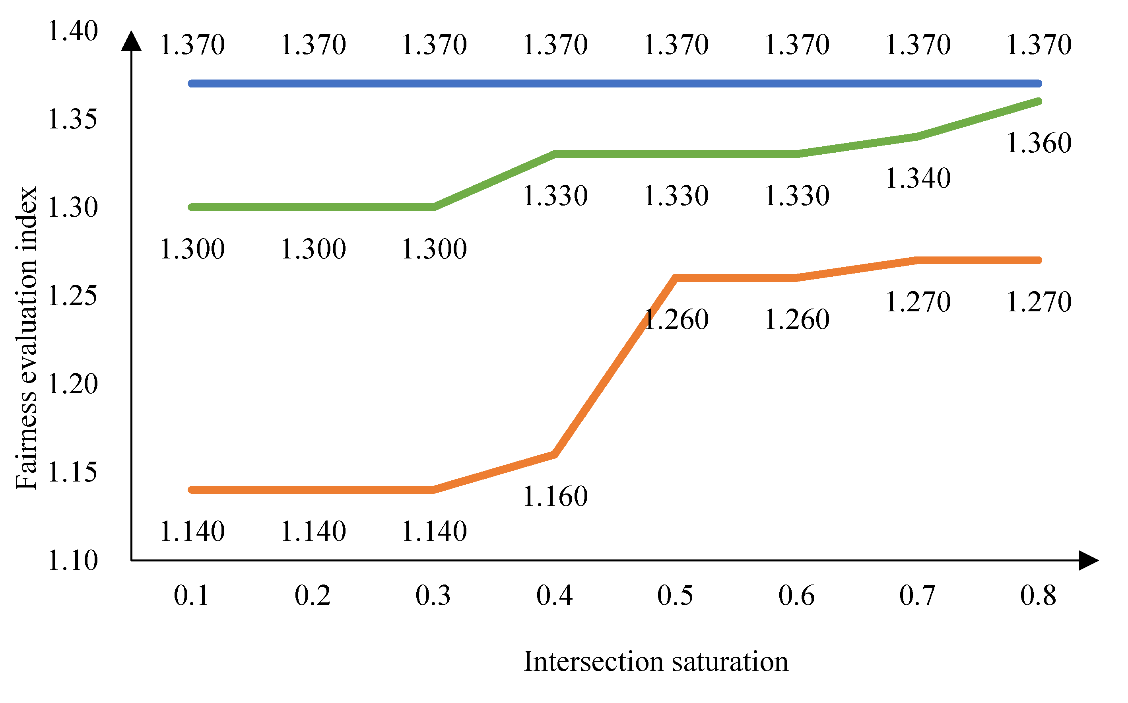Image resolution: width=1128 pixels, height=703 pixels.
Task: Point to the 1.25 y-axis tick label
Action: [73, 296]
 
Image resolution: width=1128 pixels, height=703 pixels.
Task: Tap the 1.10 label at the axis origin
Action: [73, 560]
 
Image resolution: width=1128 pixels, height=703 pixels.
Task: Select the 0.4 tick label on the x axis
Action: [555, 596]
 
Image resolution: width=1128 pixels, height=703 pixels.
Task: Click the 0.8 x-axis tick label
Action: [1038, 596]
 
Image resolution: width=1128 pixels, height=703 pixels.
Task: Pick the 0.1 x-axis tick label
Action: [192, 596]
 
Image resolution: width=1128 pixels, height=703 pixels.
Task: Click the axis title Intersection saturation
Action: [656, 662]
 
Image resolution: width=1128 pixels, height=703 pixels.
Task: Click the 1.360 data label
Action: [1039, 143]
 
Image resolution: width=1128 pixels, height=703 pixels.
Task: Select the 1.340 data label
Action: [918, 178]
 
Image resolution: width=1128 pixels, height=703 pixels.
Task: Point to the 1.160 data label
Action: [555, 496]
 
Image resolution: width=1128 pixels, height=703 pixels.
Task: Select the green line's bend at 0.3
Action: [434, 208]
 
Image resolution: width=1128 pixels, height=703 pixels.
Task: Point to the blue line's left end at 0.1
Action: [192, 84]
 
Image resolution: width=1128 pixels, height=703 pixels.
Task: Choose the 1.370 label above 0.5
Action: [676, 45]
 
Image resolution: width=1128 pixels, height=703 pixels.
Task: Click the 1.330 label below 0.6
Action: [797, 196]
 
